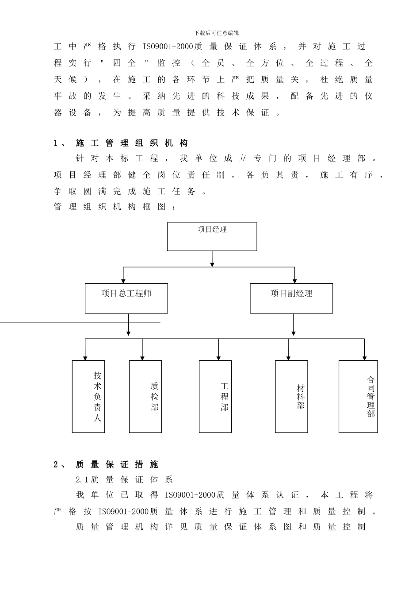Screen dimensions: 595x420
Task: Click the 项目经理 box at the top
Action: coord(212,237)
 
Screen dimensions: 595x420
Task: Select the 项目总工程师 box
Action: coord(126,298)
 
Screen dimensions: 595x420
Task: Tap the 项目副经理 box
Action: coord(291,298)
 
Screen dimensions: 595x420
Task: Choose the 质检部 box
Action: coord(145,396)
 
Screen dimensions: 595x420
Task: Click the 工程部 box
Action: coord(215,396)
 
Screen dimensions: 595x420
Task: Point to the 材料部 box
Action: coord(291,396)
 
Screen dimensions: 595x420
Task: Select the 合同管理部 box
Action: coord(358,396)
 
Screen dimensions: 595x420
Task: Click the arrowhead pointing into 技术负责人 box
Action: coord(85,358)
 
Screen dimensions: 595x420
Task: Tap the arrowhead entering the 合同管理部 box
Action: coord(364,358)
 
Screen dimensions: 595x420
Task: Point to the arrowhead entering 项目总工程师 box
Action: coord(123,281)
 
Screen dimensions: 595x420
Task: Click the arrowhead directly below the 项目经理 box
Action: coord(212,264)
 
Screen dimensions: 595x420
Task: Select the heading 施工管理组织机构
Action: coord(132,143)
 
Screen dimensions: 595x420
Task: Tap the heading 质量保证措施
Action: coord(117,464)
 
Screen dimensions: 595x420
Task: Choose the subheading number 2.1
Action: coord(82,480)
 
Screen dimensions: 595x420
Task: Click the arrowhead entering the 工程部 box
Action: coord(218,358)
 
